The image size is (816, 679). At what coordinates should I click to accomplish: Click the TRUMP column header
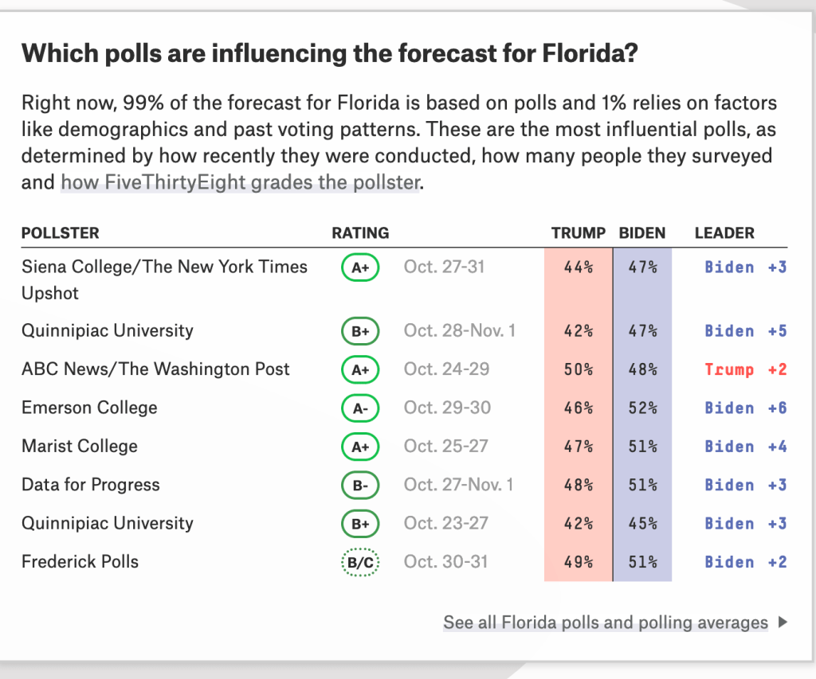pos(579,233)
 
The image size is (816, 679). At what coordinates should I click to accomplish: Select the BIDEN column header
pos(642,233)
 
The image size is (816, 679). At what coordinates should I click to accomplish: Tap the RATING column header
pos(360,233)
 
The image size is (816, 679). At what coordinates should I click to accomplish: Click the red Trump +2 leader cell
pos(745,369)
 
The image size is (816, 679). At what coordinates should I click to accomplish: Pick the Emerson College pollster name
pos(89,408)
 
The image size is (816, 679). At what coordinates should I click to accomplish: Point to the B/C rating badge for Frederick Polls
pos(360,562)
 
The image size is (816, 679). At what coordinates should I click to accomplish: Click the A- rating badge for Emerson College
pos(360,408)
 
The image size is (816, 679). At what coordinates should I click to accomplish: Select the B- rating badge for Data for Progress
pos(360,486)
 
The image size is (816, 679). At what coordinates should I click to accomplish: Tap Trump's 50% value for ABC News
pos(579,369)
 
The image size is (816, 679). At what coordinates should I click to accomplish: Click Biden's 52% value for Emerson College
pos(642,408)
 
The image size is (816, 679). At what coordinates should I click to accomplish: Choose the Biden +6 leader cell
pos(745,408)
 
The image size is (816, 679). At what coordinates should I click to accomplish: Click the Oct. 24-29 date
pos(446,369)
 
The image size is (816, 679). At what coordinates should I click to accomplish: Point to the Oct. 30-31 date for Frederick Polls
pos(446,562)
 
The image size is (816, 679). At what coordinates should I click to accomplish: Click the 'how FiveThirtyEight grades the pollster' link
pos(240,182)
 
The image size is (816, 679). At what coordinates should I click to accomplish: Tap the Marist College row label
pos(80,447)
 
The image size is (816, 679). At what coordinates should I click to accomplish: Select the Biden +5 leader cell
pos(745,331)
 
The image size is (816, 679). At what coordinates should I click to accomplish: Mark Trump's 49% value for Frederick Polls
pos(579,562)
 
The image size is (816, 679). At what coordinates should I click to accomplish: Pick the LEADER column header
pos(724,233)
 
